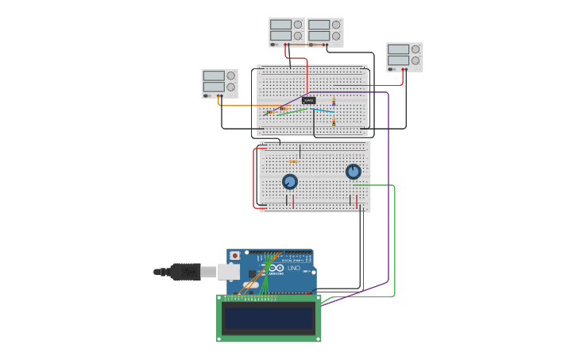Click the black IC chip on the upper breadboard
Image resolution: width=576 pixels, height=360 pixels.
(308, 100)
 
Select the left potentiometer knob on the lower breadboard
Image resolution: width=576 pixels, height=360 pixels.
(290, 182)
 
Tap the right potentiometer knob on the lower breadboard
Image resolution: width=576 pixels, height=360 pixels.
(354, 171)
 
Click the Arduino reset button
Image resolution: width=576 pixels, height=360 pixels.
(235, 256)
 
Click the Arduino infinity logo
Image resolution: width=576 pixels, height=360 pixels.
(276, 269)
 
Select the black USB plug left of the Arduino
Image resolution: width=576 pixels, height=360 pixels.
(184, 272)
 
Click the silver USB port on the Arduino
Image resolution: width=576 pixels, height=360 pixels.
(229, 272)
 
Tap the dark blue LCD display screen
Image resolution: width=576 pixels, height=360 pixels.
(269, 319)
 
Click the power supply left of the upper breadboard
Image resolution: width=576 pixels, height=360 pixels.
(219, 83)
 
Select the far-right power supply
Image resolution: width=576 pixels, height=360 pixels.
(404, 57)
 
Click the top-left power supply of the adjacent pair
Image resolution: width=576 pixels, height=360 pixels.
(287, 33)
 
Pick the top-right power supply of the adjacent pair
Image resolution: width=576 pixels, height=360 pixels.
(325, 33)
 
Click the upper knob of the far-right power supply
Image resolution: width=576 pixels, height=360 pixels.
(416, 49)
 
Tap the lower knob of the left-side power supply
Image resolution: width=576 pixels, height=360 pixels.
(230, 87)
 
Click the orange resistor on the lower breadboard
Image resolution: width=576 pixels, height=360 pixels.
(292, 161)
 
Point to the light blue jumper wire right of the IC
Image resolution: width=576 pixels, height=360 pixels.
(323, 110)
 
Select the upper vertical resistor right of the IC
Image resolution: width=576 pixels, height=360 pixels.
(334, 102)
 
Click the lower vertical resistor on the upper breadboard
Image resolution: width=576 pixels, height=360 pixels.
(334, 122)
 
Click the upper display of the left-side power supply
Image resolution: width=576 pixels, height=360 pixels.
(214, 76)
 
